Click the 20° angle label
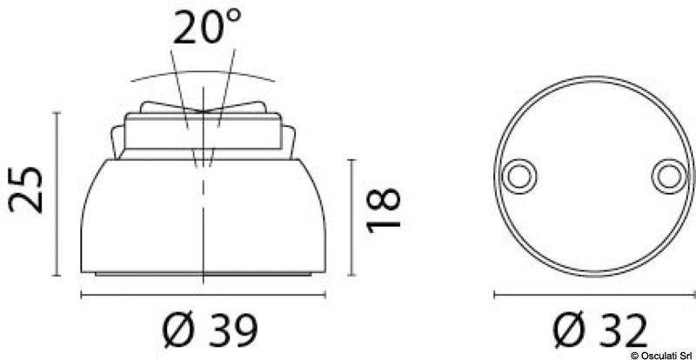(205, 28)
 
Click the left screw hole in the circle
(519, 177)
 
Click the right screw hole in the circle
(667, 177)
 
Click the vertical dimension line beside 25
(57, 191)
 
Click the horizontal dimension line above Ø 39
(204, 297)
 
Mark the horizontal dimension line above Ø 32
(593, 296)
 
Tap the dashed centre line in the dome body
(204, 217)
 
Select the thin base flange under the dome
(204, 274)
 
